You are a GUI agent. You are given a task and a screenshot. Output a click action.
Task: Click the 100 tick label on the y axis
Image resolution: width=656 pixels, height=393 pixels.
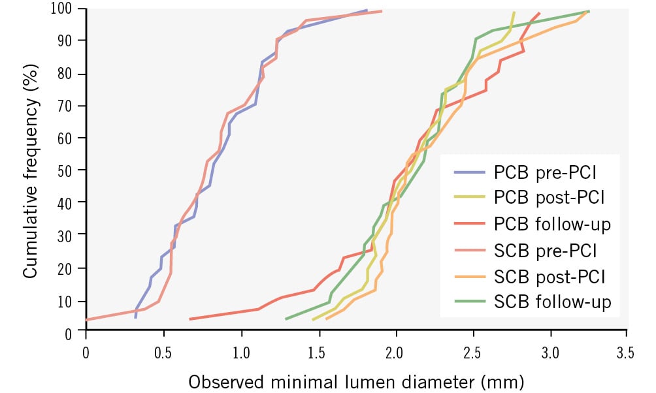(x=65, y=9)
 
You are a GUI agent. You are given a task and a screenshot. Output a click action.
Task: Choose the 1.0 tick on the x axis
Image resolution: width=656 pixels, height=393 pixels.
(x=242, y=353)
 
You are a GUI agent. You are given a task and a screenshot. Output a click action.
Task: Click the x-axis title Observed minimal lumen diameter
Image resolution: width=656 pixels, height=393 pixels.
(x=356, y=380)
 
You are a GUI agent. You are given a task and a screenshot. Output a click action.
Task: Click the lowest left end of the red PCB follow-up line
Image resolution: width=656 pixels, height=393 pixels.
(x=190, y=319)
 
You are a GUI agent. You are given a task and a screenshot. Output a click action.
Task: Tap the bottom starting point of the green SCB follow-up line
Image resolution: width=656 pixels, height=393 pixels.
(x=286, y=319)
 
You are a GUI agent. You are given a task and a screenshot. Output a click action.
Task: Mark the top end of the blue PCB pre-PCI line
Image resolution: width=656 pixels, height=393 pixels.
(x=367, y=10)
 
